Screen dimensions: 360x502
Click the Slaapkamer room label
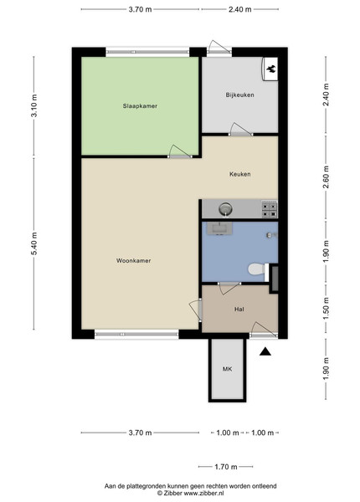coord(140,106)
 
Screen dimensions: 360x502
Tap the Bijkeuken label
coord(240,95)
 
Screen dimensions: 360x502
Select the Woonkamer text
coord(134,260)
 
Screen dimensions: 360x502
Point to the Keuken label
coord(240,174)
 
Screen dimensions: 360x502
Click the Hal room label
coord(239,309)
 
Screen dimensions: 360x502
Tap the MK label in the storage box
coord(228,369)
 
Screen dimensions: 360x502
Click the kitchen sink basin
coord(226,209)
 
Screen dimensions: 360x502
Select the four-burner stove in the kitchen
coord(270,209)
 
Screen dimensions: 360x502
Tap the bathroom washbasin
coord(219,228)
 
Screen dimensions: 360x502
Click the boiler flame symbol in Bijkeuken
coord(271,69)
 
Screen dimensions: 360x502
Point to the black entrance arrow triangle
coord(265,351)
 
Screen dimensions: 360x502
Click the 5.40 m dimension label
coord(34,243)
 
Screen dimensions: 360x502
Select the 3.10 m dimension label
coord(34,105)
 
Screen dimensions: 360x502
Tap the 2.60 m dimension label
coord(326,177)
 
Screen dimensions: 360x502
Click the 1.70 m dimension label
coord(226,467)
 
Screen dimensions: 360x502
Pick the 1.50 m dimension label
coord(326,308)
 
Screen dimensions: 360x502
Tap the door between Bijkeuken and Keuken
coord(240,130)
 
